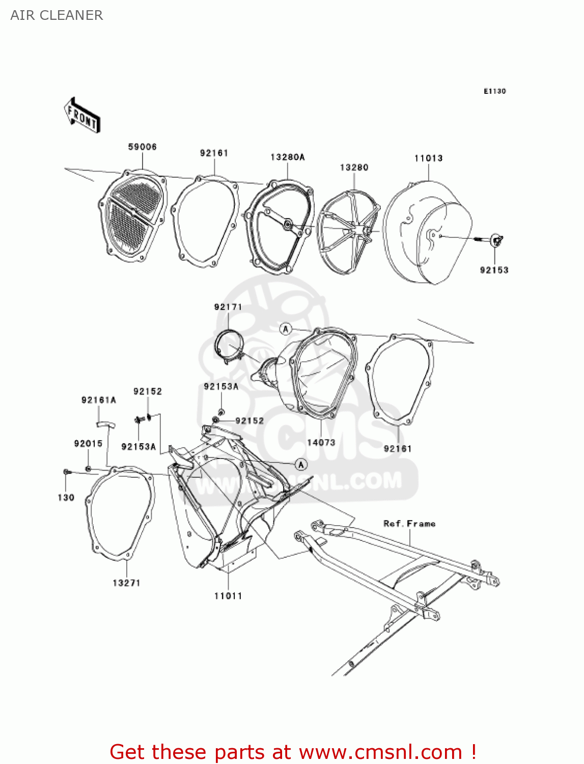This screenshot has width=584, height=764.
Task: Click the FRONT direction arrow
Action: click(82, 116)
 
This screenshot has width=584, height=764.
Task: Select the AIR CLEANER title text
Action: click(57, 15)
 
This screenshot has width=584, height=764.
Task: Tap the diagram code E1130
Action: click(494, 91)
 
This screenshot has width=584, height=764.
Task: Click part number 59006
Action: click(142, 147)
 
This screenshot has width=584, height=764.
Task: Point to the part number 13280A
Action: click(287, 157)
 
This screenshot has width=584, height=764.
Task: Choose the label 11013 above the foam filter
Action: click(428, 158)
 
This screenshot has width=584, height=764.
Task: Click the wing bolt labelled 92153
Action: click(496, 239)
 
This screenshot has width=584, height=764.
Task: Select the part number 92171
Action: click(228, 307)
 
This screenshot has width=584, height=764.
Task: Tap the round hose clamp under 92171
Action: click(228, 346)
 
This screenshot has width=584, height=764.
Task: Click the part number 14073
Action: click(321, 442)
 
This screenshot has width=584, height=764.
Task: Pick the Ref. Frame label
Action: click(409, 524)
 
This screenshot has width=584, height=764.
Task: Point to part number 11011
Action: click(228, 595)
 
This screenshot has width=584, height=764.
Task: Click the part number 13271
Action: click(126, 583)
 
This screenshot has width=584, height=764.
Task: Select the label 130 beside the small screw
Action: click(66, 497)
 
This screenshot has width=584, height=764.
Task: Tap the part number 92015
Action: click(88, 443)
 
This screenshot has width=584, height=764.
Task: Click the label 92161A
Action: click(98, 400)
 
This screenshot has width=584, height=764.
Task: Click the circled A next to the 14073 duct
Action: click(286, 329)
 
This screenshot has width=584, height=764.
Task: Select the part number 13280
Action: click(354, 167)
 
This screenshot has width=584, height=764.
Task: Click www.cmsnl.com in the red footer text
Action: click(380, 752)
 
